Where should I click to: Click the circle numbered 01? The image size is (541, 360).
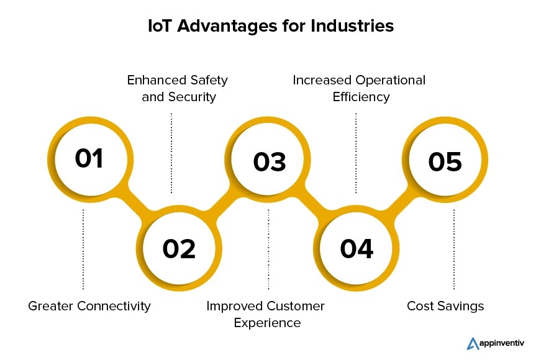(x=89, y=158)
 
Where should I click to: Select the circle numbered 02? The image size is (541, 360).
(x=179, y=248)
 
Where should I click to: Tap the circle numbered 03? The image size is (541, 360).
(x=270, y=161)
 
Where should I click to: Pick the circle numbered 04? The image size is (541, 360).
(x=357, y=248)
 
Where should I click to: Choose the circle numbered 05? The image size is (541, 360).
(x=445, y=161)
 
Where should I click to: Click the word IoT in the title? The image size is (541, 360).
(x=160, y=26)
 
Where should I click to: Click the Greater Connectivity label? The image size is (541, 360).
(x=89, y=306)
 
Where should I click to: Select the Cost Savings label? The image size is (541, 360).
(x=445, y=306)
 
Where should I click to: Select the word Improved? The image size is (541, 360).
(x=234, y=306)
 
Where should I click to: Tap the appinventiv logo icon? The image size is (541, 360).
(x=472, y=343)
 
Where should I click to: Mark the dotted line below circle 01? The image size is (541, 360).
(x=83, y=248)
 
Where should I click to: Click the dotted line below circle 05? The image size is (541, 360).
(x=453, y=248)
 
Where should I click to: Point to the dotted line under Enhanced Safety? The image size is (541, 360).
(x=171, y=152)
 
